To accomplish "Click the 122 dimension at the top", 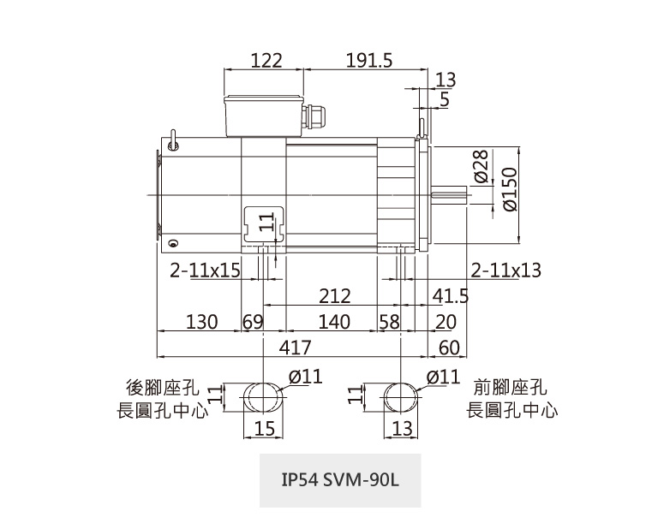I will [x=266, y=61].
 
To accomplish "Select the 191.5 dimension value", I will [x=369, y=61].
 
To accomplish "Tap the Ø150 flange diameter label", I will [x=509, y=190].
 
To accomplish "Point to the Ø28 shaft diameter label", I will [x=481, y=167].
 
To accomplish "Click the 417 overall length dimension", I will [x=296, y=348].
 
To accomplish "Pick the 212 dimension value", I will [x=334, y=296].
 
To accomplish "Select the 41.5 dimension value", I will [x=451, y=296].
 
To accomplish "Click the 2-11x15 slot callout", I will [x=205, y=270].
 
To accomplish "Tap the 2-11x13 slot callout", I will [x=506, y=270].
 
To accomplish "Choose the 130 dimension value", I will [x=202, y=322].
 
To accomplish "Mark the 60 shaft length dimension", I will [x=449, y=348].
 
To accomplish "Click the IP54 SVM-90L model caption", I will [x=340, y=479].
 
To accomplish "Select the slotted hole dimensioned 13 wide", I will [x=401, y=399].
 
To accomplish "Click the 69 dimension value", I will [x=253, y=322].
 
